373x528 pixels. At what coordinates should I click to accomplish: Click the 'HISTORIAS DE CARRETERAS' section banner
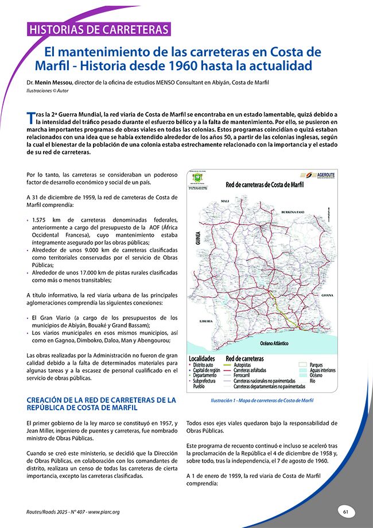[x=98, y=29]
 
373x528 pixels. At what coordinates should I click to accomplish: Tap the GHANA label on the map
[x=327, y=295]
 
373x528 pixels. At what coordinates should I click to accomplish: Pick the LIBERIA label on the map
[x=206, y=321]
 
